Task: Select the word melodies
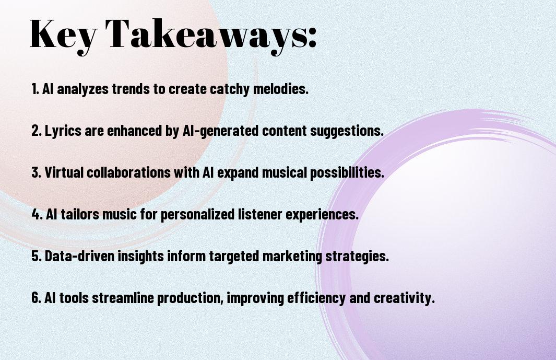click(280, 88)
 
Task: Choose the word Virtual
click(64, 172)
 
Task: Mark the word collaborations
click(128, 172)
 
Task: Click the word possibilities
click(347, 173)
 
